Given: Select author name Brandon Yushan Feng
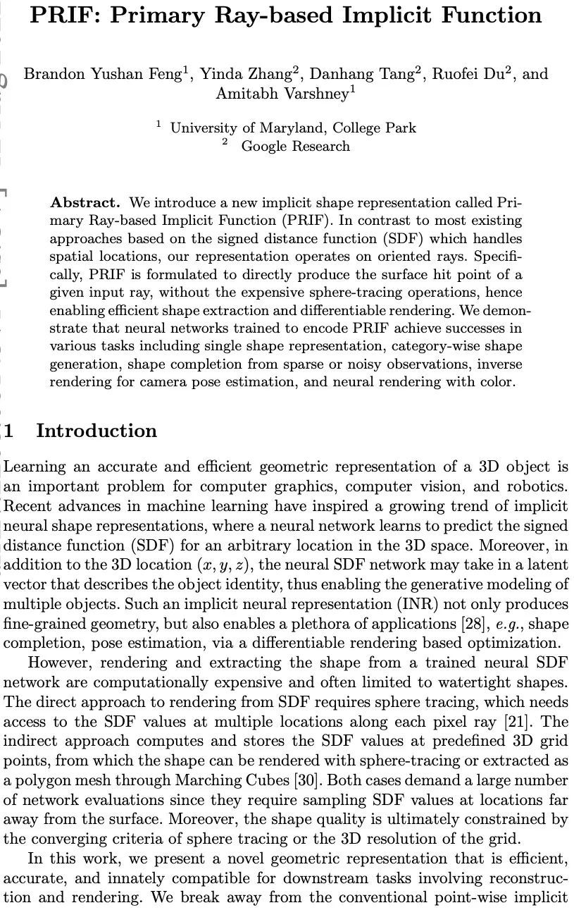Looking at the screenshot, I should (103, 75).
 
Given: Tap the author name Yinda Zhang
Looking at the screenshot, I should (246, 75).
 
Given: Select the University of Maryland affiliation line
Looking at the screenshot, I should (293, 128).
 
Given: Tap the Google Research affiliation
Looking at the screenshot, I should (295, 146).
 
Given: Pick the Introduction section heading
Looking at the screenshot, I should (96, 431).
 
